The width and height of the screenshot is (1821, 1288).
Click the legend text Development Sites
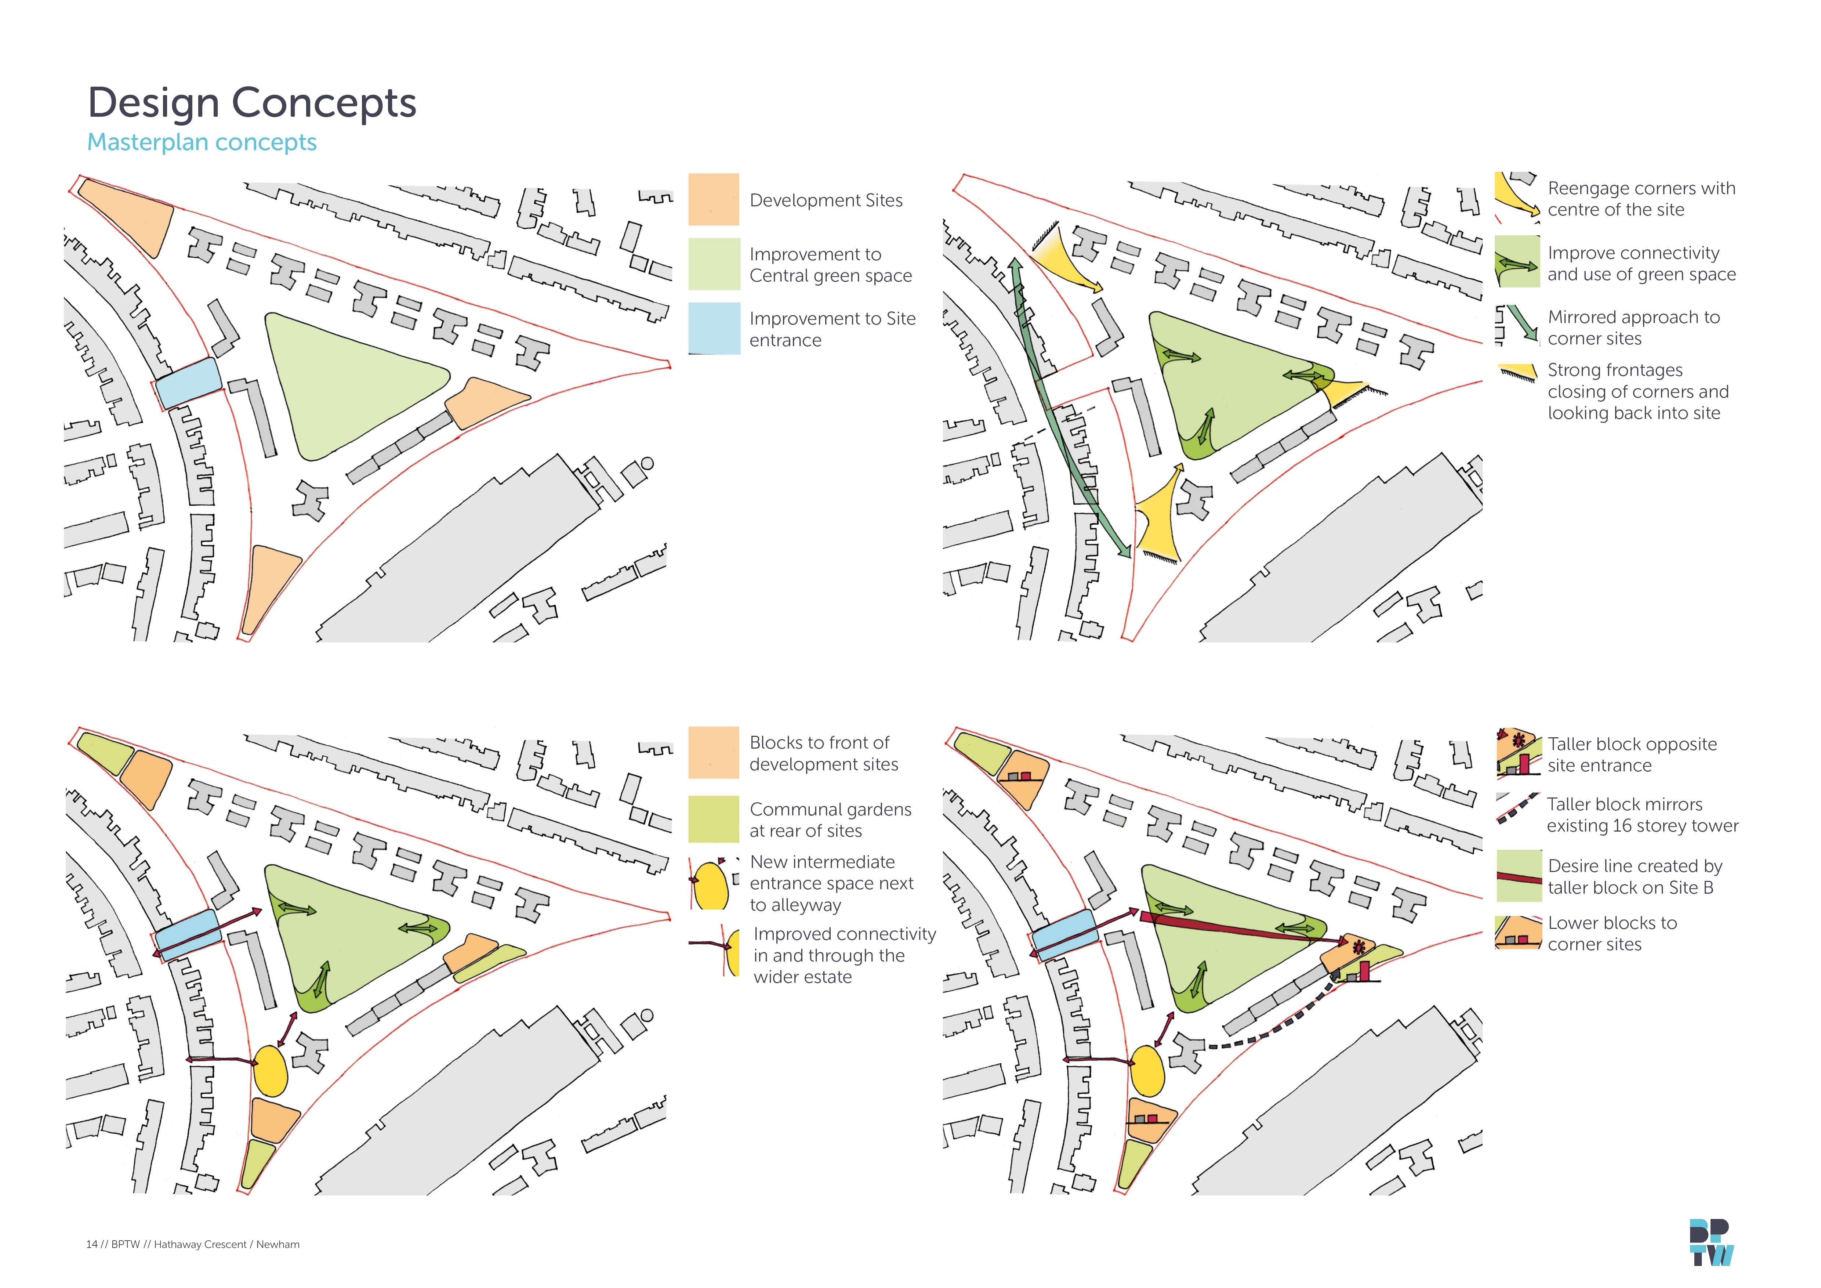(826, 201)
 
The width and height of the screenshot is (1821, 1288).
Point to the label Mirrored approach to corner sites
(1633, 328)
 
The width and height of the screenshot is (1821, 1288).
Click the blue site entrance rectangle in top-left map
(187, 383)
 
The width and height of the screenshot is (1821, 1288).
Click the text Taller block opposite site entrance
(1632, 754)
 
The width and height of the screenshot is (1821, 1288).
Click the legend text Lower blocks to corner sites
(1612, 933)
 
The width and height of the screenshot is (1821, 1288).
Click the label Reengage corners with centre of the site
(1641, 199)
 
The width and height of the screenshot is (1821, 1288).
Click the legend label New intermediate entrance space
(831, 883)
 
